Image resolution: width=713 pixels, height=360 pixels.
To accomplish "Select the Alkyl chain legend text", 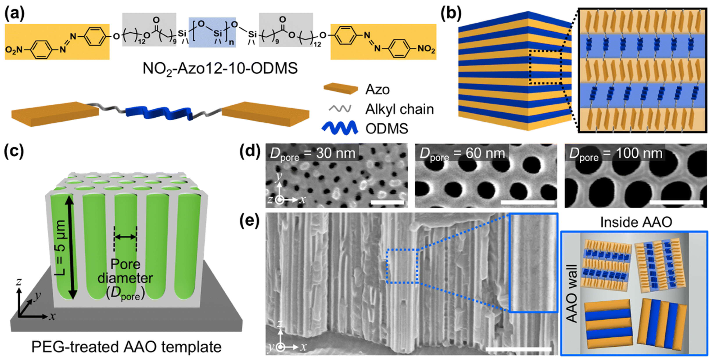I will tap(399, 109).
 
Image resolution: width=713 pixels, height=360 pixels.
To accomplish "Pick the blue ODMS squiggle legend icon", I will tap(340, 128).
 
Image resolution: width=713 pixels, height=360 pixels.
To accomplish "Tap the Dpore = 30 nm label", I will tap(312, 154).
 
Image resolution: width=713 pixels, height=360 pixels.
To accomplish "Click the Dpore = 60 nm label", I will tap(462, 154).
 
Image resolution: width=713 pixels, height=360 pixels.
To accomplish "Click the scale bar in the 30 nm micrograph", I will tap(387, 202).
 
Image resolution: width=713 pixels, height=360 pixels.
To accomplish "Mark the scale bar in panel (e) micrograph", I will tap(518, 349).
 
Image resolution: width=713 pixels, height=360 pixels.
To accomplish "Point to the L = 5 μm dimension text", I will tap(60, 248).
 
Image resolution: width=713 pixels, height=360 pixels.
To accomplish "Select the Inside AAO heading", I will tap(636, 222).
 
